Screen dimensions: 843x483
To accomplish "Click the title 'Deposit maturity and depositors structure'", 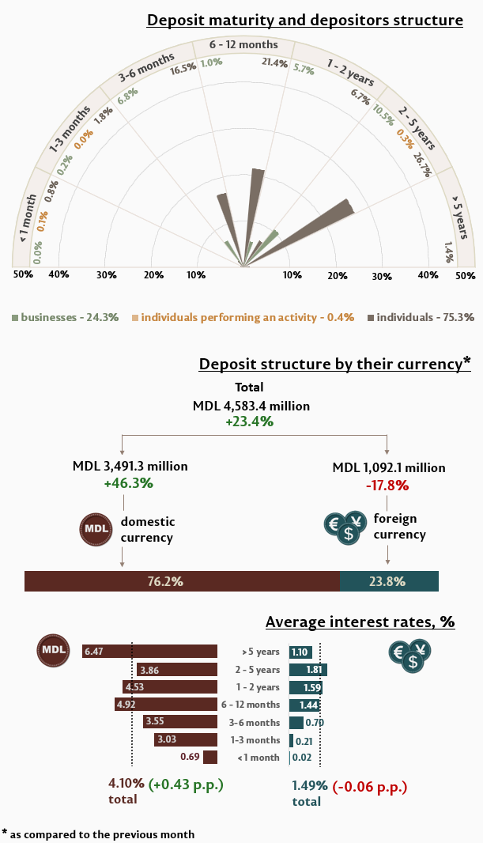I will point(304,20).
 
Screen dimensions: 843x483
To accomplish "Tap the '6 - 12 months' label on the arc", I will point(243,45).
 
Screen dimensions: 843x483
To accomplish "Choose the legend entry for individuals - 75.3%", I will point(421,317).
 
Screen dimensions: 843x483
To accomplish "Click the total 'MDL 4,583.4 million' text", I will point(251,406).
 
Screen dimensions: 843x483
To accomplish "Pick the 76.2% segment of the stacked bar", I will point(182,581).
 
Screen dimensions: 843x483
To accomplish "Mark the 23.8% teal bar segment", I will point(389,581).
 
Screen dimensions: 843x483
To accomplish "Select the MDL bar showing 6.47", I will point(149,652).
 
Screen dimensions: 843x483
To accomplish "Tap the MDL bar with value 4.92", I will point(166,705).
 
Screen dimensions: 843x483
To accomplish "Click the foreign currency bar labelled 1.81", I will point(308,670).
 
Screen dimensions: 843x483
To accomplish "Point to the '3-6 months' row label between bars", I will point(260,723).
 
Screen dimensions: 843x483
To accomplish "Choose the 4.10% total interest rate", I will point(126,784).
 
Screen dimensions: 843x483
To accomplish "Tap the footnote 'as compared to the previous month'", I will point(103,834).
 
